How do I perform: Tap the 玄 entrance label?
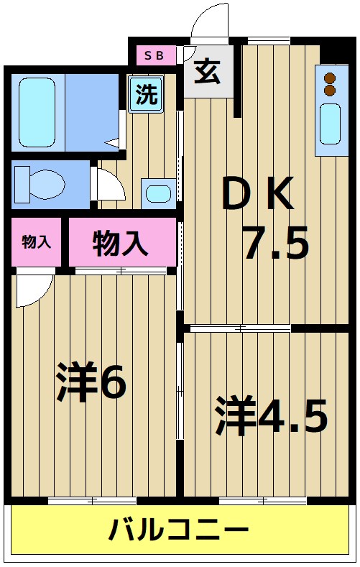click(x=208, y=72)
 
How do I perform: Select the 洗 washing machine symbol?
click(x=146, y=95)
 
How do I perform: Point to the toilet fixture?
click(x=40, y=183)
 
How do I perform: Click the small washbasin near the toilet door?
click(x=157, y=193)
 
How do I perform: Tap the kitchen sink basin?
click(x=329, y=124)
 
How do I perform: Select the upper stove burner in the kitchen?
click(x=330, y=78)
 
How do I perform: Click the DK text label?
click(x=257, y=195)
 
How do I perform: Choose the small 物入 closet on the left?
click(x=37, y=242)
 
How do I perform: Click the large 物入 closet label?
click(x=120, y=242)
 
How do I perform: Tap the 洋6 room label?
click(x=92, y=384)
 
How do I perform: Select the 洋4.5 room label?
click(x=272, y=417)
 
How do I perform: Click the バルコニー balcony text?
click(x=179, y=532)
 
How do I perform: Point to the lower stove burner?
click(x=330, y=91)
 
